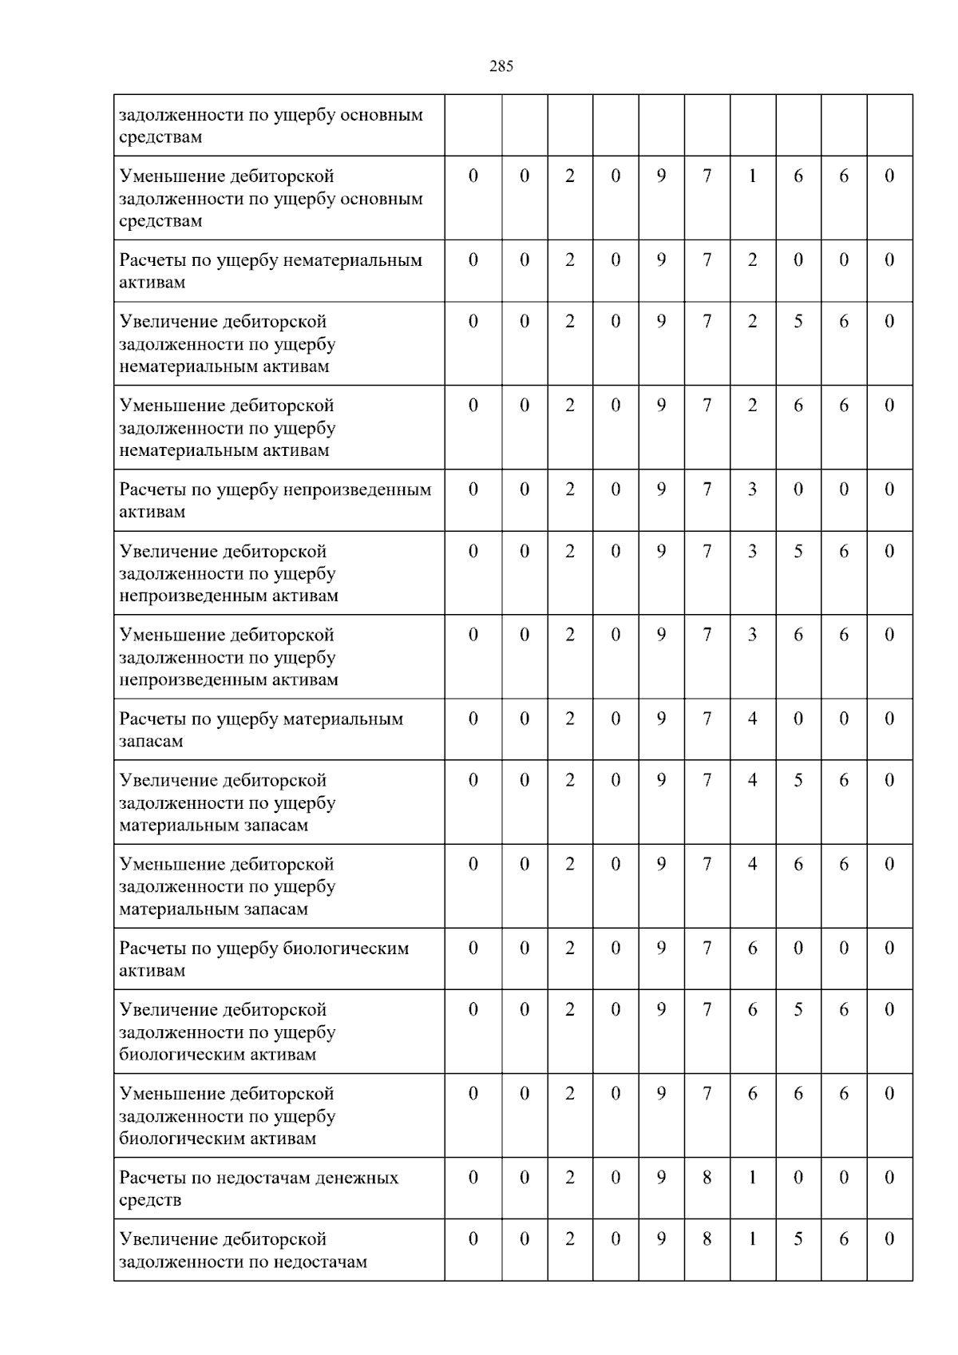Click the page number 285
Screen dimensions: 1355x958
point(501,67)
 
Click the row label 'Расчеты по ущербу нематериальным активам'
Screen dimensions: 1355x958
point(271,271)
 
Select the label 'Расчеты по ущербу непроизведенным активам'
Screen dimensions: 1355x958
point(275,501)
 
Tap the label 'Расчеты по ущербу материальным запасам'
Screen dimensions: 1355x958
point(261,730)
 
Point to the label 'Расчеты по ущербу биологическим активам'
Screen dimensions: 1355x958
point(263,959)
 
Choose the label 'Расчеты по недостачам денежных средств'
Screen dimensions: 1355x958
point(259,1188)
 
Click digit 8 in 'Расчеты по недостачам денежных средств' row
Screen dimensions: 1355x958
point(707,1178)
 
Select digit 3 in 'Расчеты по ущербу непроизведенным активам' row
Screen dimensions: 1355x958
point(752,489)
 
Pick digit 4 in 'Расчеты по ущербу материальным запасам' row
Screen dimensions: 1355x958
point(752,719)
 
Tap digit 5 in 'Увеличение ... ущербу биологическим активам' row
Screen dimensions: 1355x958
point(798,1010)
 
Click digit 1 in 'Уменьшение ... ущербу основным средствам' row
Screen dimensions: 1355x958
point(752,176)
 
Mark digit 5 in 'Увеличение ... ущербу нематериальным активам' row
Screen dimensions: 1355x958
point(798,322)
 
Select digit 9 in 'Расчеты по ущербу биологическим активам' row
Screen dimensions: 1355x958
point(661,949)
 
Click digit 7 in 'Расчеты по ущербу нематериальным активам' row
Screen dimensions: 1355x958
point(707,260)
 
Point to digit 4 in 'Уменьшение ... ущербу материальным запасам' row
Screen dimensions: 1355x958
point(752,865)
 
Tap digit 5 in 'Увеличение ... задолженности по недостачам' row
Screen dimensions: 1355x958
point(798,1239)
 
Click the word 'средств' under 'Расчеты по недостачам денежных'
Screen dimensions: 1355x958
point(150,1200)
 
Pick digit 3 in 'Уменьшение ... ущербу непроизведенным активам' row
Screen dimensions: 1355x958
point(752,636)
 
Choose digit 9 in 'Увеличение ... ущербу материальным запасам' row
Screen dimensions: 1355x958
point(661,781)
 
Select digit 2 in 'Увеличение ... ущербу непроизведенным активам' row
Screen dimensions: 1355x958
point(569,552)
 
